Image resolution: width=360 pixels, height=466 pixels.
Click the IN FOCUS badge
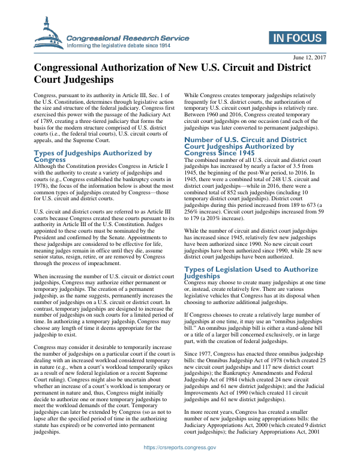click(x=297, y=38)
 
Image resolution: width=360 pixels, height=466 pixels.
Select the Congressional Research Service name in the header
click(x=127, y=38)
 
